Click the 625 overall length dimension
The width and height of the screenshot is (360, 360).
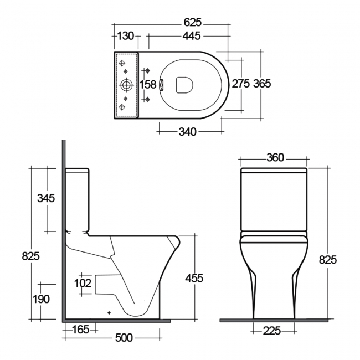[192, 23]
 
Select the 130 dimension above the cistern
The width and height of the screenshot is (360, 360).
[126, 36]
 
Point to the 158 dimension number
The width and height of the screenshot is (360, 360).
[147, 85]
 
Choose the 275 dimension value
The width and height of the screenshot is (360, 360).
[241, 84]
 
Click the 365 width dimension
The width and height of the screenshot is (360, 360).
[262, 84]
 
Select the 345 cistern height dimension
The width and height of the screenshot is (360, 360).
[45, 198]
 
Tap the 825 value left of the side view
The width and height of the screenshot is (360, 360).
[30, 256]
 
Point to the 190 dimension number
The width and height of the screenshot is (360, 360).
[40, 299]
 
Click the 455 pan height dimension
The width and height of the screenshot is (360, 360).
[193, 278]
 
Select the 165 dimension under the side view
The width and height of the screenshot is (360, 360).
[81, 331]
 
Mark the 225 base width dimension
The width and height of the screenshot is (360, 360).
[272, 331]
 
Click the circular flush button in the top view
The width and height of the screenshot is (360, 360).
[127, 85]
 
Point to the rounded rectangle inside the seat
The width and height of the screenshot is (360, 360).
[183, 85]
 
